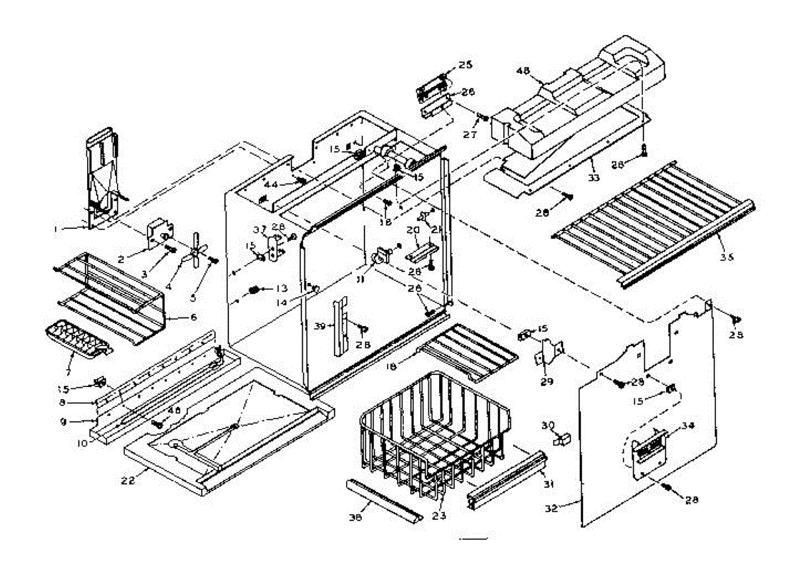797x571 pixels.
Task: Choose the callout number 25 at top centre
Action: point(464,64)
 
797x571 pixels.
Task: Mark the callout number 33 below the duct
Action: point(593,178)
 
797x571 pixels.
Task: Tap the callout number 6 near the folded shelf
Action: point(193,317)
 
